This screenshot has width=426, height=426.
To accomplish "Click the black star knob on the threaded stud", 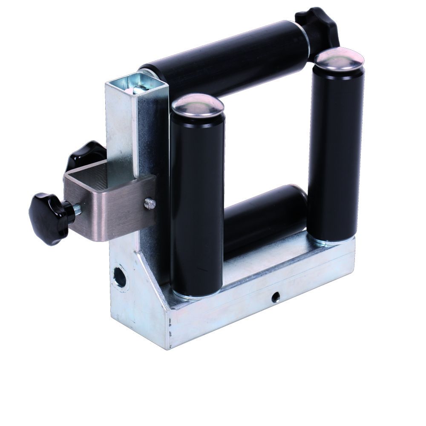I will click(x=48, y=218).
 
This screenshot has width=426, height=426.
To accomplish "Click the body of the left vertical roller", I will click(x=197, y=204).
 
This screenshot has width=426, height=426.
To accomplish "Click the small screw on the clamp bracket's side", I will click(x=148, y=204).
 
